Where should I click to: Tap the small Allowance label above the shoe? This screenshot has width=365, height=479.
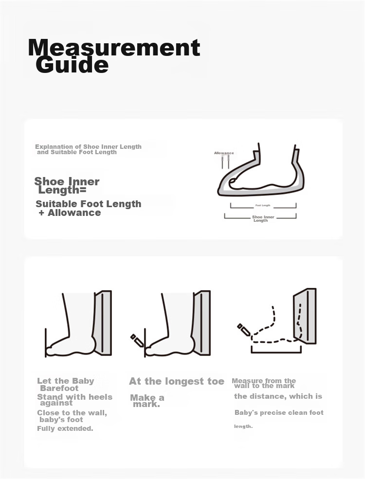tap(224, 153)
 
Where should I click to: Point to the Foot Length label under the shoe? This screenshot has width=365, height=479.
tap(263, 206)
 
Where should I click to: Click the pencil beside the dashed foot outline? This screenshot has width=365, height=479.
tap(244, 329)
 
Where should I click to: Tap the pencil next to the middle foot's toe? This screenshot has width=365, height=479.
tap(137, 340)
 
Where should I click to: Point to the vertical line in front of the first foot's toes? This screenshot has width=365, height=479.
tap(46, 342)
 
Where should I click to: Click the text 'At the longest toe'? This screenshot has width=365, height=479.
tap(177, 381)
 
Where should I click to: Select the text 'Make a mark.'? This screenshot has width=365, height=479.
tap(147, 401)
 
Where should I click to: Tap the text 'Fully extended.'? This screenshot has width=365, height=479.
tap(65, 428)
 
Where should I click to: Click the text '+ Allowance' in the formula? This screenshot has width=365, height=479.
tap(70, 213)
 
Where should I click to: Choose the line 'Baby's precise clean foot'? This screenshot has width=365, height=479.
tap(279, 413)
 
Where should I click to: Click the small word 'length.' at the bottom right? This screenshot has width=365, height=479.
tap(243, 426)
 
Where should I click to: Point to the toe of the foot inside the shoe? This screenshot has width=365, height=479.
tap(232, 181)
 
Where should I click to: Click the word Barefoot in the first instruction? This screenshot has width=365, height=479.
tap(59, 388)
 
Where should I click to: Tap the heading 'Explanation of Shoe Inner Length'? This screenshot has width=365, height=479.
tap(89, 147)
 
